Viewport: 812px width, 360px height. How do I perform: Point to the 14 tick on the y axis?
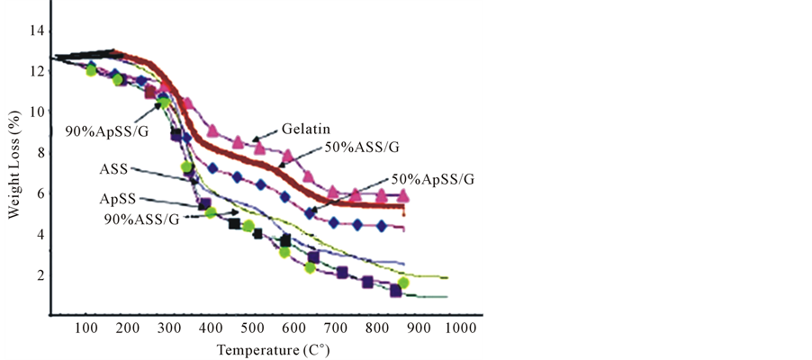36,31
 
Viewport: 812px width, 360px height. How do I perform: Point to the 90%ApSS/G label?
105,131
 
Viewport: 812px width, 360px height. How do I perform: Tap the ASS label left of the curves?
113,168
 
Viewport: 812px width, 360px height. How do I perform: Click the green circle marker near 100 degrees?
91,70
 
